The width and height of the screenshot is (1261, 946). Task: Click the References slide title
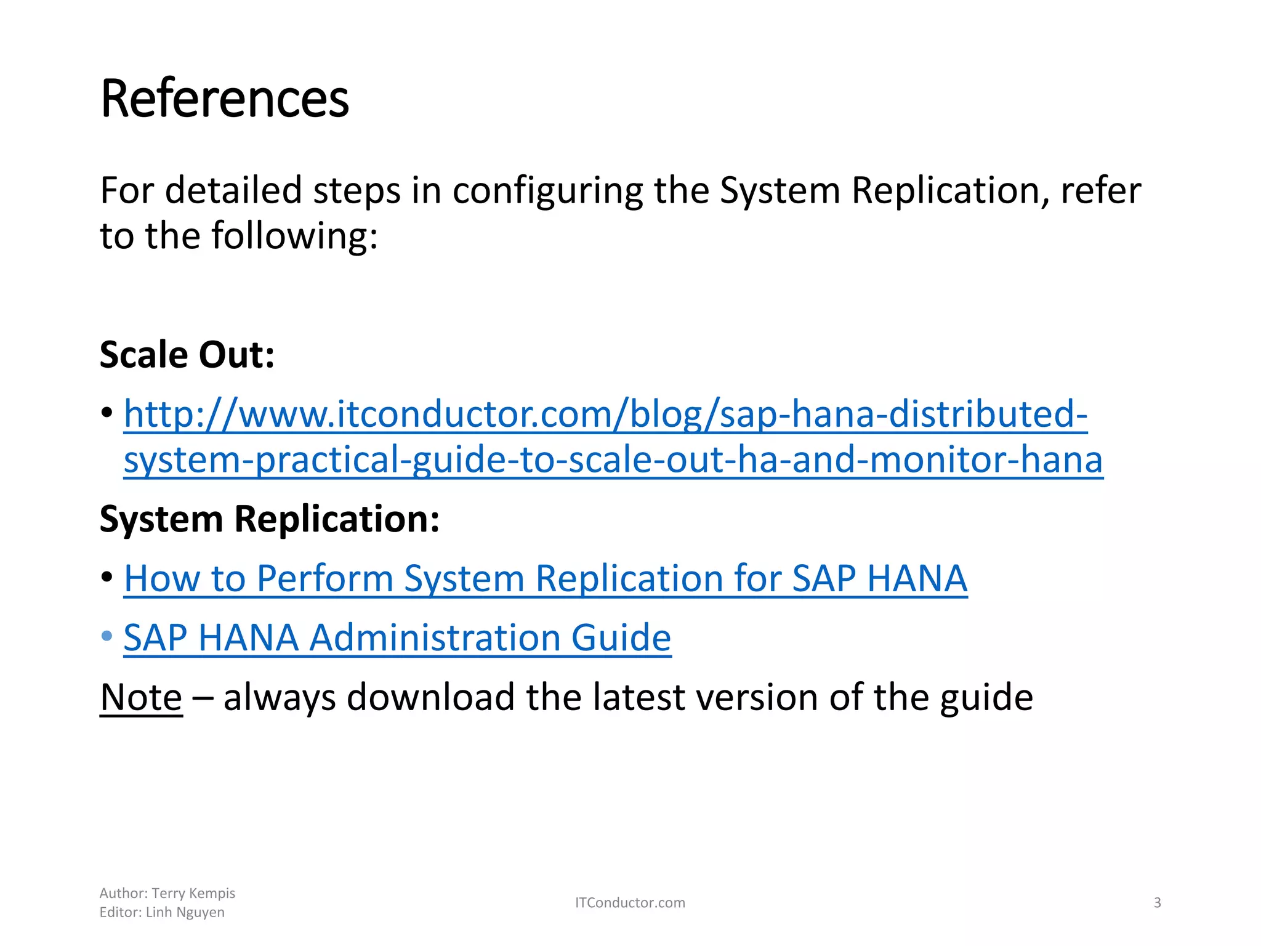(225, 99)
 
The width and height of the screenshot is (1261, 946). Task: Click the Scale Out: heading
(187, 355)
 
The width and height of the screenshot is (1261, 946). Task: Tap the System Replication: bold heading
(270, 519)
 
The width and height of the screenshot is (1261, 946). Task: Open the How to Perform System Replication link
(545, 579)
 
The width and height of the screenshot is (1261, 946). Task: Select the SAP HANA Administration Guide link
(397, 638)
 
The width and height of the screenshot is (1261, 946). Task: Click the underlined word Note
(141, 698)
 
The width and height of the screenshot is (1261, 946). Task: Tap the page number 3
(1157, 903)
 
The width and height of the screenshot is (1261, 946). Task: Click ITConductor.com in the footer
(630, 903)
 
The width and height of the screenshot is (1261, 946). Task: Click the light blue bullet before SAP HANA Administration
(107, 636)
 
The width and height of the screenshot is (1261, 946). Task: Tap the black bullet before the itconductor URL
(107, 412)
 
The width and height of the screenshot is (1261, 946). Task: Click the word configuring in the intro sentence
(547, 191)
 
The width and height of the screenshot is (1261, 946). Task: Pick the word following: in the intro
(294, 236)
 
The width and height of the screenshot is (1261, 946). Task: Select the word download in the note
(430, 698)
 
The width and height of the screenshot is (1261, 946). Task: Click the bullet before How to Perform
(107, 577)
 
